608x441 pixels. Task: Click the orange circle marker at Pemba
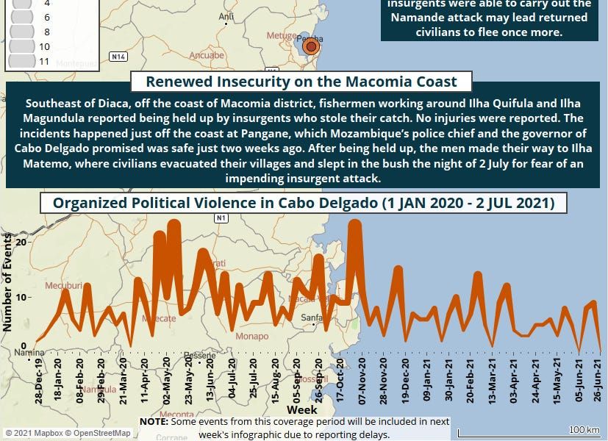pos(311,47)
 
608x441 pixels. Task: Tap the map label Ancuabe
pos(207,55)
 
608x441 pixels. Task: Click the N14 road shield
pos(118,56)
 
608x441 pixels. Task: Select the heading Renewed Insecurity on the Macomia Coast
pos(301,82)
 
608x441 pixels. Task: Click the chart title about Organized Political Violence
pos(303,203)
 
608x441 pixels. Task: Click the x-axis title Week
pos(302,409)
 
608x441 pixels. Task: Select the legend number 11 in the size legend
pos(44,61)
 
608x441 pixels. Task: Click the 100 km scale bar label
pos(584,429)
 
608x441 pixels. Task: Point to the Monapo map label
pos(253,336)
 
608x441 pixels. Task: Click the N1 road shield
pos(221,218)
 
